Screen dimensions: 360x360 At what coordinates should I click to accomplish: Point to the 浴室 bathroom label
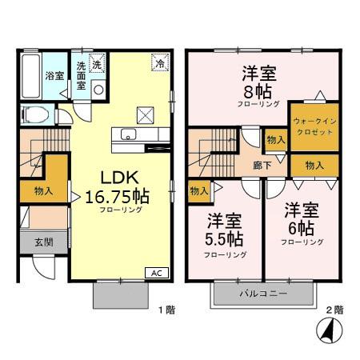54,77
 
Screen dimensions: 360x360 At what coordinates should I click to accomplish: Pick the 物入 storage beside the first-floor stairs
44,190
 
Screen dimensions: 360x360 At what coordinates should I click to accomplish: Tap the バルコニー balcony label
261,294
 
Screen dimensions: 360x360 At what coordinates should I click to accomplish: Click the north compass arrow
326,328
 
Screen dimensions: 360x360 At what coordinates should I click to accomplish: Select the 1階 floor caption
165,309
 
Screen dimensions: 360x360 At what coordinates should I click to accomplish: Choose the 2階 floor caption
334,309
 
